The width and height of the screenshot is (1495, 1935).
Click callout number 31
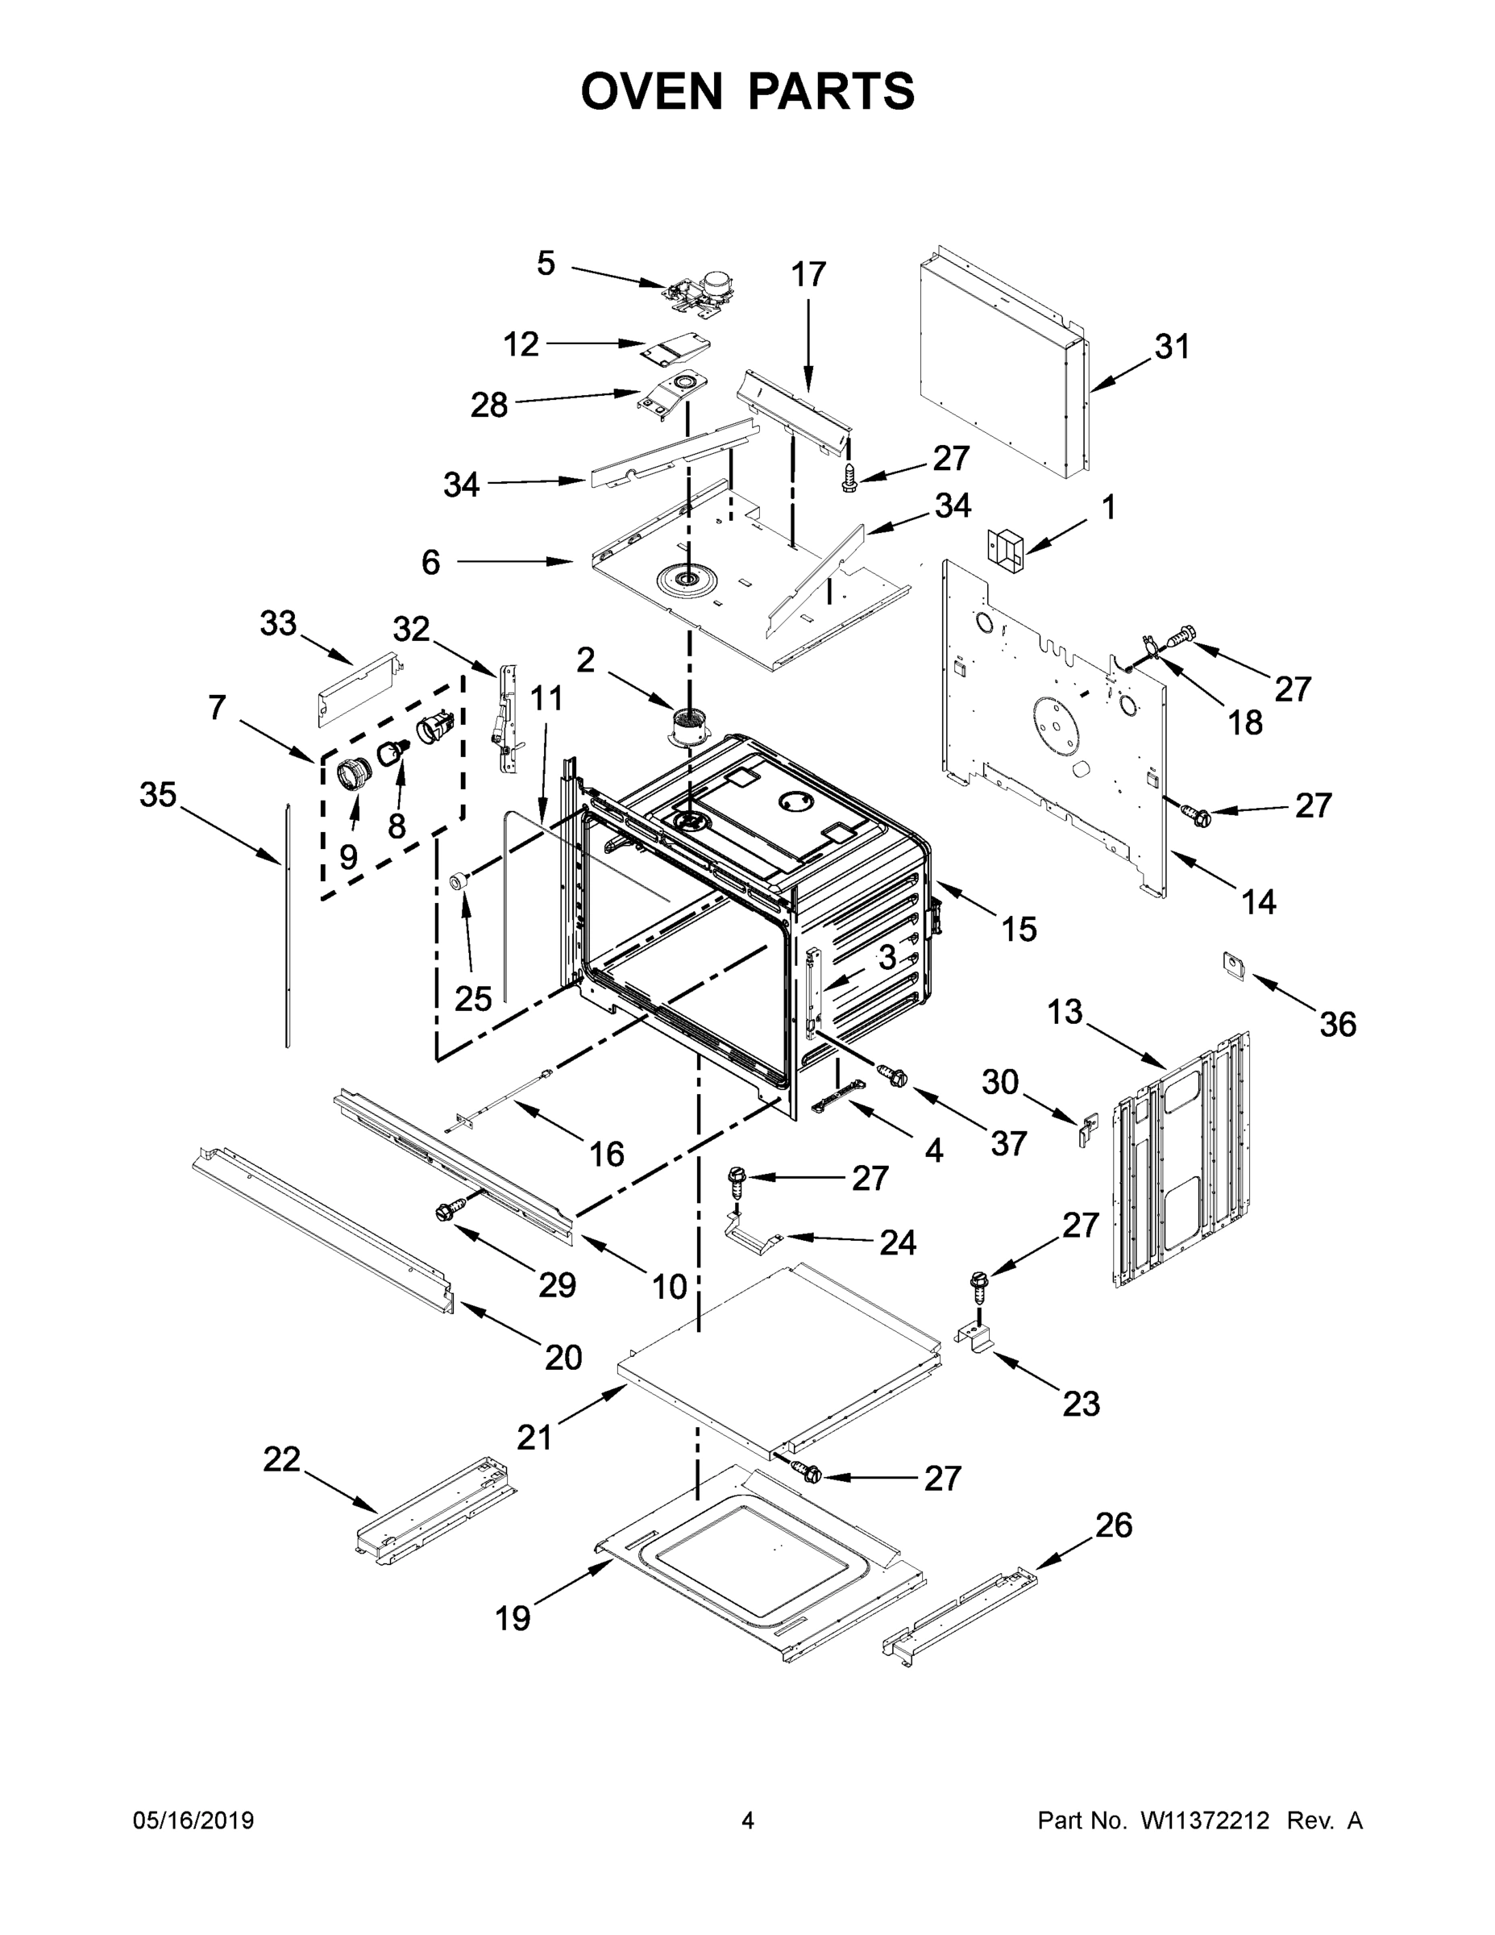[x=1172, y=347]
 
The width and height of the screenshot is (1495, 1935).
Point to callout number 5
[x=546, y=263]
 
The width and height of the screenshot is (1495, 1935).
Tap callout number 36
[x=1337, y=1024]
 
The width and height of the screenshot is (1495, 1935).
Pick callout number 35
[x=159, y=795]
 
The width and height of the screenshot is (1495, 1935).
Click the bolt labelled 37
[x=891, y=1075]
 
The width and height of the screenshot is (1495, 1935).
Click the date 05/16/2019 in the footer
[x=193, y=1821]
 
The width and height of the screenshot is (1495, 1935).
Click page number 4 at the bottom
[x=748, y=1821]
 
